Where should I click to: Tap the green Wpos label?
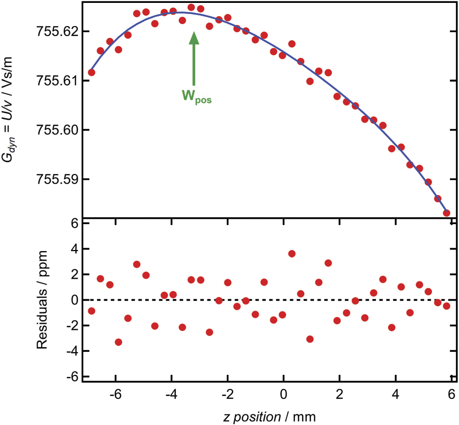(x=196, y=97)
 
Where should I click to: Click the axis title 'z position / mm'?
(x=269, y=414)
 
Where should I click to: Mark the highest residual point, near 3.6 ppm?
(x=292, y=253)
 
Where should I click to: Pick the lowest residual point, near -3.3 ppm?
(x=118, y=342)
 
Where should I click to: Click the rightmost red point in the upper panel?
(x=446, y=212)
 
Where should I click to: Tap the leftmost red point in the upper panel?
(x=91, y=72)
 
